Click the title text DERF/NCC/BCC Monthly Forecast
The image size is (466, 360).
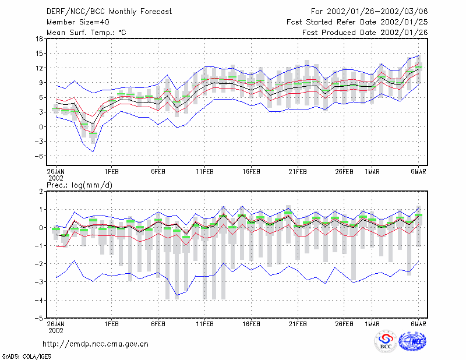coord(109,12)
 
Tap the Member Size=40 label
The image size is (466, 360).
coord(78,22)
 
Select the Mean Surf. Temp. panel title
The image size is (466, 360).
coord(86,33)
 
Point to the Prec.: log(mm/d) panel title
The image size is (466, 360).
coord(79,185)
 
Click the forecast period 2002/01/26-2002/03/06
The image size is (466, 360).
coord(377,12)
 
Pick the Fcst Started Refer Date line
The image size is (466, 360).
coord(357,22)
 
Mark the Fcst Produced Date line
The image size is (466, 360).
coord(365,33)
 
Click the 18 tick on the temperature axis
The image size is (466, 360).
coord(39,38)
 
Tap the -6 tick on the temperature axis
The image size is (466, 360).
coord(38,156)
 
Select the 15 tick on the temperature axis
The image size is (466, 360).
coord(39,54)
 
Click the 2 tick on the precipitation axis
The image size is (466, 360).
coord(41,192)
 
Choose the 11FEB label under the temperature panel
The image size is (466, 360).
coord(205,172)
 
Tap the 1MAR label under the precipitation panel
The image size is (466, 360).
coord(372,324)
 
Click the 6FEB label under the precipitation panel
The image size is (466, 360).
coord(158,324)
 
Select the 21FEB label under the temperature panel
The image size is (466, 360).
coord(298,172)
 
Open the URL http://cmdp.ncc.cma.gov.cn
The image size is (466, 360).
coord(96,344)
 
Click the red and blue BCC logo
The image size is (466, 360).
coord(386,342)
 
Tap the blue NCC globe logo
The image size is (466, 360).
coord(412,341)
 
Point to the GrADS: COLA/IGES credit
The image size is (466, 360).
coord(26,357)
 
